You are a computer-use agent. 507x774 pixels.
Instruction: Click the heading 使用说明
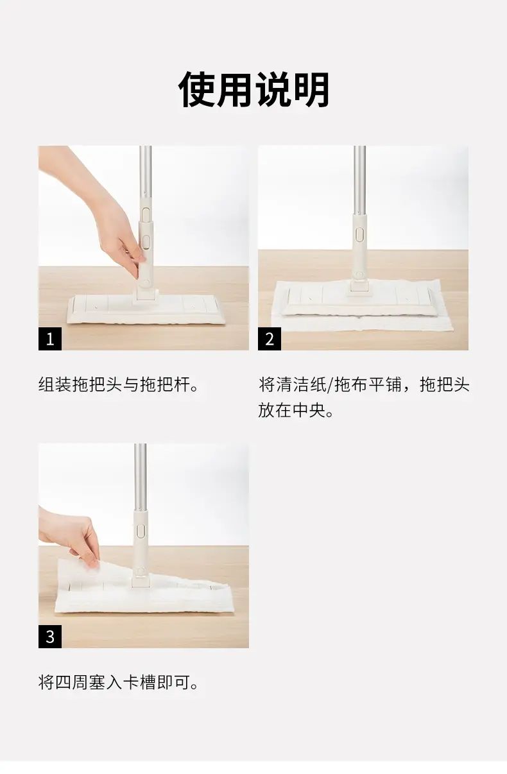click(x=253, y=90)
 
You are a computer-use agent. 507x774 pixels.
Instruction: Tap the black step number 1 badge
click(x=50, y=339)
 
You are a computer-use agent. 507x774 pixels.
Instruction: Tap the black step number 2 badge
click(x=270, y=339)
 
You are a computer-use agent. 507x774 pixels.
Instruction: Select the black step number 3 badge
click(x=50, y=637)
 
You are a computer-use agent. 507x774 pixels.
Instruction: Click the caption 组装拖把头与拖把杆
click(x=119, y=384)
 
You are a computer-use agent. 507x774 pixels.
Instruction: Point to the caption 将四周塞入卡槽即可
click(x=119, y=682)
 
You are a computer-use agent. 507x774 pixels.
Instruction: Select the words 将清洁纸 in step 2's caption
click(x=293, y=384)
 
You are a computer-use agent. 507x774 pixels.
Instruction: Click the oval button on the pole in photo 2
click(x=359, y=234)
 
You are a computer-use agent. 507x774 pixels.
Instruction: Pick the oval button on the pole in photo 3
click(x=140, y=531)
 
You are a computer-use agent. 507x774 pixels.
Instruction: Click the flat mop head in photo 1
click(x=146, y=309)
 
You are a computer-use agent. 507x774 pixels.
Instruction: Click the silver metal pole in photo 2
click(x=359, y=180)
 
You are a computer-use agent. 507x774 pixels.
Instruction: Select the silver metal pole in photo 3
click(x=140, y=479)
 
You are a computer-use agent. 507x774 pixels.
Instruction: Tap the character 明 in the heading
click(x=311, y=90)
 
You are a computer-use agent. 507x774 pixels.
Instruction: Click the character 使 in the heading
click(x=196, y=90)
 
